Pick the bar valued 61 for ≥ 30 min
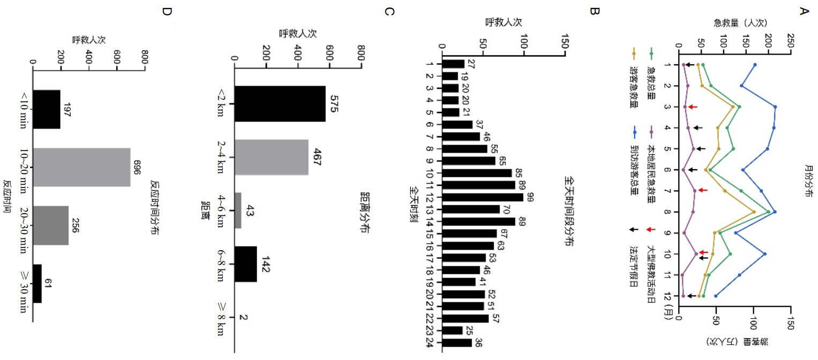[38, 283]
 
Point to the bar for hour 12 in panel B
[482, 197]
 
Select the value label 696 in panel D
[137, 167]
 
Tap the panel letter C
[390, 11]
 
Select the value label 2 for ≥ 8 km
[244, 318]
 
